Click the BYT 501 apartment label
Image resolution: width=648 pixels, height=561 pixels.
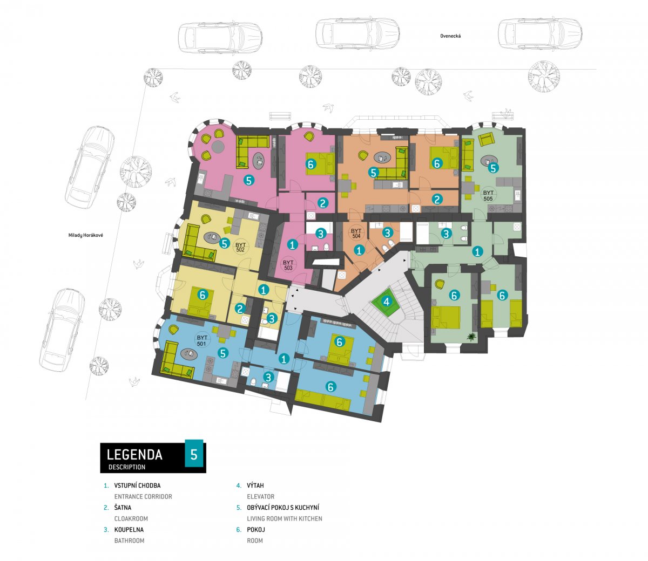pos(202,340)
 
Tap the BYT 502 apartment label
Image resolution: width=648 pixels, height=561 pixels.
pos(240,247)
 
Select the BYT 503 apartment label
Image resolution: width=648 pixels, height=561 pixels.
pos(288,265)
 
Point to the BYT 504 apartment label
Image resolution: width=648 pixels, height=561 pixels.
pos(356,234)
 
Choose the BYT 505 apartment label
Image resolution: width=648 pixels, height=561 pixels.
pos(488,196)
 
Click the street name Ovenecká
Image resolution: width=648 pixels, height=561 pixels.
pos(450,36)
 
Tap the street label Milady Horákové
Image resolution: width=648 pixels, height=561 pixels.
pos(85,235)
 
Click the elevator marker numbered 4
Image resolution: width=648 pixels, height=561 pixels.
pos(386,302)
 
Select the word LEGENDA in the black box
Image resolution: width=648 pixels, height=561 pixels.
pos(134,455)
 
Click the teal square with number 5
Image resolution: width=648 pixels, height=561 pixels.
pos(194,454)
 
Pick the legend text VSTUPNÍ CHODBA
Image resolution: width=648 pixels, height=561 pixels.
pos(137,485)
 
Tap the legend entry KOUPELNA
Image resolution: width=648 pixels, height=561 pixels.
pos(129,530)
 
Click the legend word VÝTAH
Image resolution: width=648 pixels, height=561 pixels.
pos(255,485)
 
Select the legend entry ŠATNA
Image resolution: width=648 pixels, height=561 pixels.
pos(123,508)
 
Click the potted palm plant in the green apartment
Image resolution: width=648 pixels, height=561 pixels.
pos(470,337)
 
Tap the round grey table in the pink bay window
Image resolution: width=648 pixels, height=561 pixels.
pos(217,146)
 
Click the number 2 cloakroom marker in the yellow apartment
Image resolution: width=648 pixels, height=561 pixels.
pos(240,309)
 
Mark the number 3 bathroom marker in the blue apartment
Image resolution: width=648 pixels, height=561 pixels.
pos(268,377)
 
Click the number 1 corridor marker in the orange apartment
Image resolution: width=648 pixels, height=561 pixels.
pos(359,250)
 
